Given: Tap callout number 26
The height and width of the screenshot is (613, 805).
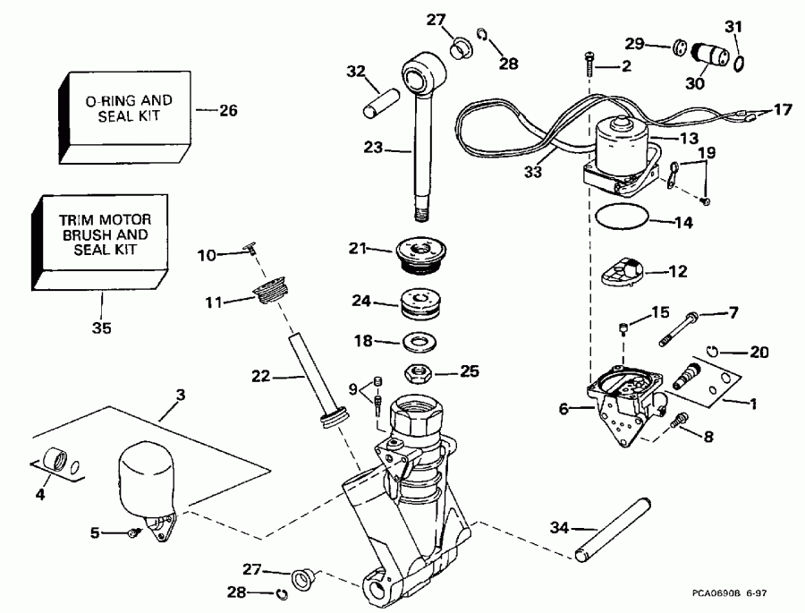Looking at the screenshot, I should click(x=228, y=111).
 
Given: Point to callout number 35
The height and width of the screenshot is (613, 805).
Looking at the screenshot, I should click(x=102, y=328).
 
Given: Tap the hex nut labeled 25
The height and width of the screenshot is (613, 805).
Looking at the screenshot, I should click(x=419, y=370).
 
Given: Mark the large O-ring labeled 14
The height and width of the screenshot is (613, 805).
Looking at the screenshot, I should click(x=622, y=217).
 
